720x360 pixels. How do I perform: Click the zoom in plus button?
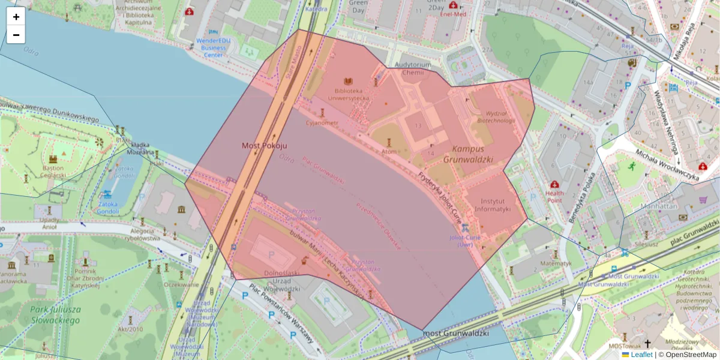click(x=16, y=16)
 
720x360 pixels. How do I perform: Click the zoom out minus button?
click(x=16, y=35)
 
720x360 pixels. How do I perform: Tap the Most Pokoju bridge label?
click(x=265, y=146)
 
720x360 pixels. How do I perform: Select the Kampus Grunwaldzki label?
click(x=467, y=154)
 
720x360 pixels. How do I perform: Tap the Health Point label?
click(x=555, y=197)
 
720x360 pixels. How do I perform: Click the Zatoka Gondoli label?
click(x=108, y=208)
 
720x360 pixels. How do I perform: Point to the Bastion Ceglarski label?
click(x=53, y=172)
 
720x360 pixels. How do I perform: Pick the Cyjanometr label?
click(x=322, y=123)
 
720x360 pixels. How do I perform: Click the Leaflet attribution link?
click(x=641, y=355)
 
